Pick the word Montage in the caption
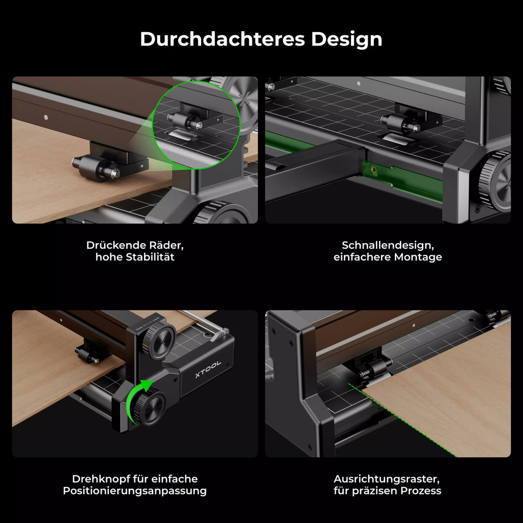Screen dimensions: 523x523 [x=418, y=257]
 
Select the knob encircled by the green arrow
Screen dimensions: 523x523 [x=150, y=409]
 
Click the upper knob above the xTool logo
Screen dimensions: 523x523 [x=159, y=339]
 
